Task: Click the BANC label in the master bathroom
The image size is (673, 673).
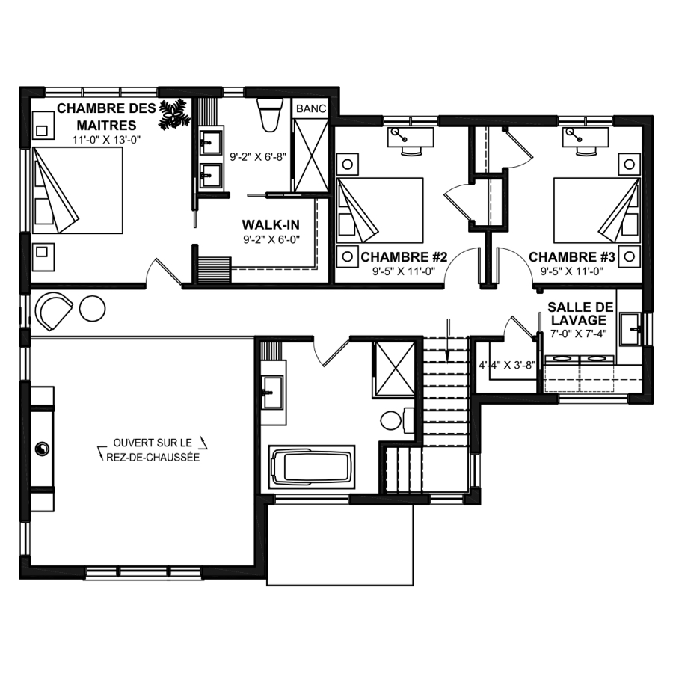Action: point(311,108)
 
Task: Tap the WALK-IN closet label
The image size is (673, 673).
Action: point(271,225)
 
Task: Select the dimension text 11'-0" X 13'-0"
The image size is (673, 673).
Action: point(106,140)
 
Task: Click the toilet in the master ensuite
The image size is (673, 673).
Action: point(270,114)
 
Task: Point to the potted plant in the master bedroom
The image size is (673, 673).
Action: point(173,114)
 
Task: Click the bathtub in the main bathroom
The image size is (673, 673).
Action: point(312,467)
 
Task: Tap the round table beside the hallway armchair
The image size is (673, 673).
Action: point(92,308)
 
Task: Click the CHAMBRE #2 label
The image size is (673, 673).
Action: point(404,257)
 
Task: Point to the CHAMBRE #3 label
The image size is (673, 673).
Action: point(572,257)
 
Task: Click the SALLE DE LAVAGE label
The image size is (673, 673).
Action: point(580,313)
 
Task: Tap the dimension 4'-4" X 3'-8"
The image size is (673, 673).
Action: point(507,365)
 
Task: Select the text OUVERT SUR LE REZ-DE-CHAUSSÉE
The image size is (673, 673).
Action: point(153,450)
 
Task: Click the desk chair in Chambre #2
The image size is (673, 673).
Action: point(411,150)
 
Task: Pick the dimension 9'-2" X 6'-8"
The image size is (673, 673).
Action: point(258,157)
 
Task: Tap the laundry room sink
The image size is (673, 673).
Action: point(630,329)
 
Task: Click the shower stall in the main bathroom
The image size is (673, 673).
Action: point(394,368)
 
